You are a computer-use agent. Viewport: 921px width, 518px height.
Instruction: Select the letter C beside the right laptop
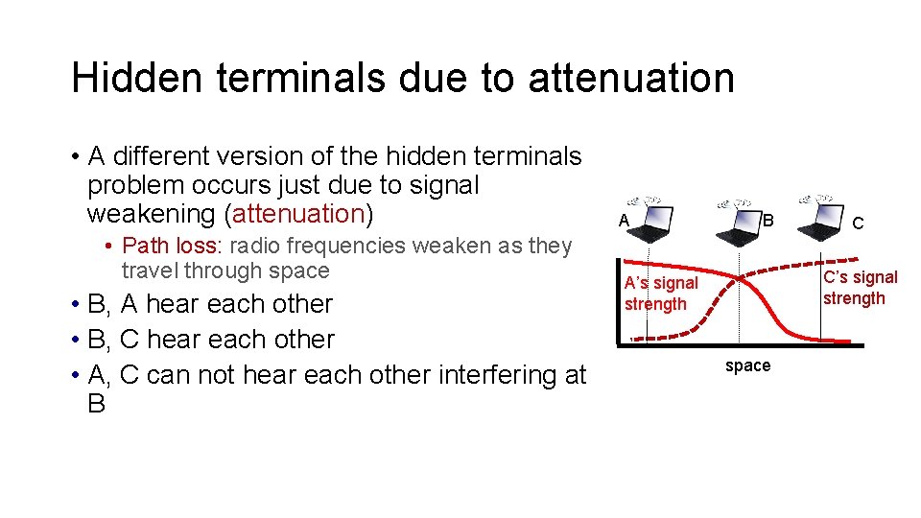pyautogui.click(x=859, y=224)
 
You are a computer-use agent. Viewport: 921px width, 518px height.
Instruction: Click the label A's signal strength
pyautogui.click(x=661, y=294)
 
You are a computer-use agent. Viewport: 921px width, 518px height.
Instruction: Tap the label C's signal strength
pyautogui.click(x=860, y=288)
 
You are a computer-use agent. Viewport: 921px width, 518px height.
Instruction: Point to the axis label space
pyautogui.click(x=747, y=365)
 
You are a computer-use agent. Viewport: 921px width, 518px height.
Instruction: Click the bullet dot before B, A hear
pyautogui.click(x=74, y=305)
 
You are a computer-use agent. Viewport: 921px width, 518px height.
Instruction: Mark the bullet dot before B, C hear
pyautogui.click(x=74, y=341)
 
